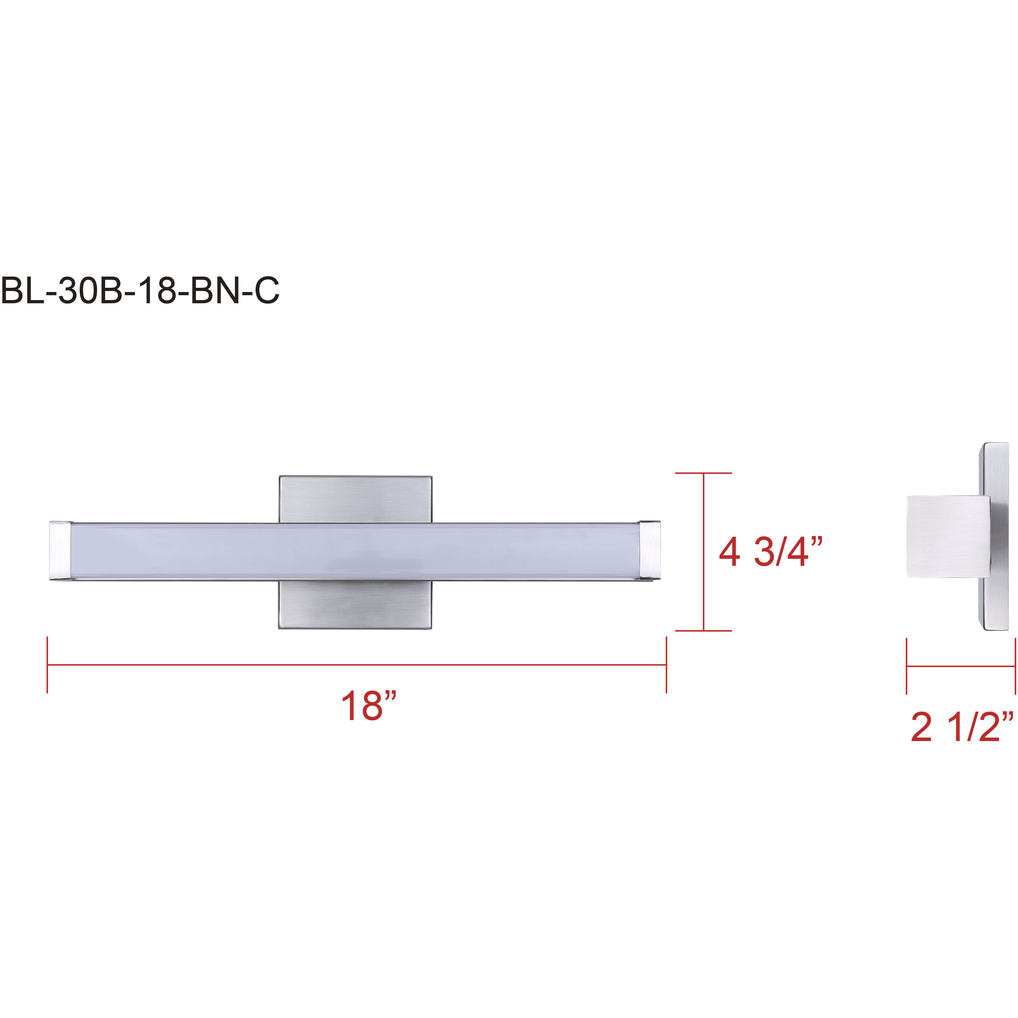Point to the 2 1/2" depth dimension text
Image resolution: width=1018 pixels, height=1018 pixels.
click(x=962, y=728)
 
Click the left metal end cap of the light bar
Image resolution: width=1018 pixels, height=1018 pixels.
click(x=61, y=551)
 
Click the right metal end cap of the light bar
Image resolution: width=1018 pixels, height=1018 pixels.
click(x=649, y=551)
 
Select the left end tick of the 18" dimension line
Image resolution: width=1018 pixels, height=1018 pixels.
click(x=47, y=665)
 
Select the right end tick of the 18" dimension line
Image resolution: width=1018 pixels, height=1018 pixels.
click(x=666, y=665)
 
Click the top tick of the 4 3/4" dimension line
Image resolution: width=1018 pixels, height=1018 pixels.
click(x=704, y=473)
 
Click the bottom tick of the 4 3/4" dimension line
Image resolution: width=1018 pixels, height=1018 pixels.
click(x=704, y=631)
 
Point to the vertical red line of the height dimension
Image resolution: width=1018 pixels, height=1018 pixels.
click(x=704, y=552)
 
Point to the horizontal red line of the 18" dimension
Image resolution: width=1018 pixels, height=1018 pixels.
click(x=357, y=665)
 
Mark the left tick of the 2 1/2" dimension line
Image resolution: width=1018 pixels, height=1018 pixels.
click(x=907, y=666)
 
